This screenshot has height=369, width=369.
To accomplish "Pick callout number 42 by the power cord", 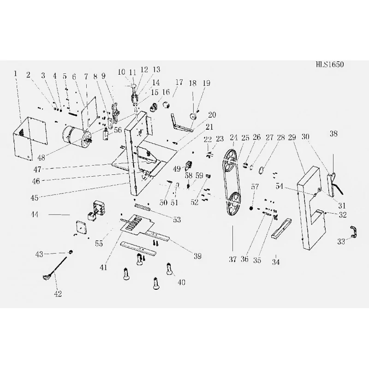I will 58,293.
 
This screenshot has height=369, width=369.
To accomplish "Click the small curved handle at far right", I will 353,231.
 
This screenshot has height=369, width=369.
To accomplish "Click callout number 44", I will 35,214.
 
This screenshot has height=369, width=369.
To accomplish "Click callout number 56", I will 118,130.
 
